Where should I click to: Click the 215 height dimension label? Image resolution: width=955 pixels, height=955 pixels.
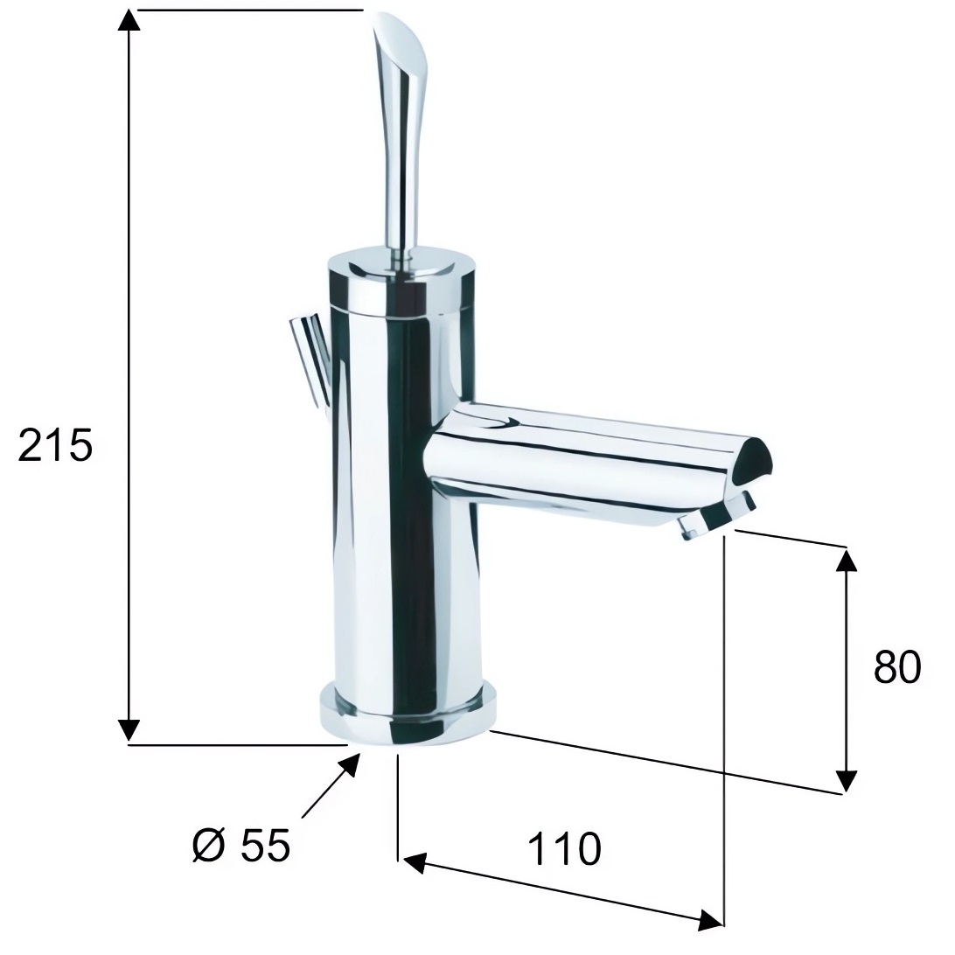(x=55, y=444)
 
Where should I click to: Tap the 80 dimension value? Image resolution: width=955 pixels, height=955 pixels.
(x=897, y=667)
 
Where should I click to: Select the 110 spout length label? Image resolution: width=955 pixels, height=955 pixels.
(x=564, y=848)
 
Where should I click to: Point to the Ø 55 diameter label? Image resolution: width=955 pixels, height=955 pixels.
(x=241, y=845)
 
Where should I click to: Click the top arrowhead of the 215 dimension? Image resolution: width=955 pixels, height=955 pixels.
(x=128, y=21)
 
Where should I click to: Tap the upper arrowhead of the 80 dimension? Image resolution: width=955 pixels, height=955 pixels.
(x=847, y=560)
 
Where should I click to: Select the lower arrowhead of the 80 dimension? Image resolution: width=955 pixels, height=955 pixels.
(x=846, y=782)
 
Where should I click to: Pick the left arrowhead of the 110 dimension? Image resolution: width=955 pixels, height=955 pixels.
(x=414, y=863)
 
